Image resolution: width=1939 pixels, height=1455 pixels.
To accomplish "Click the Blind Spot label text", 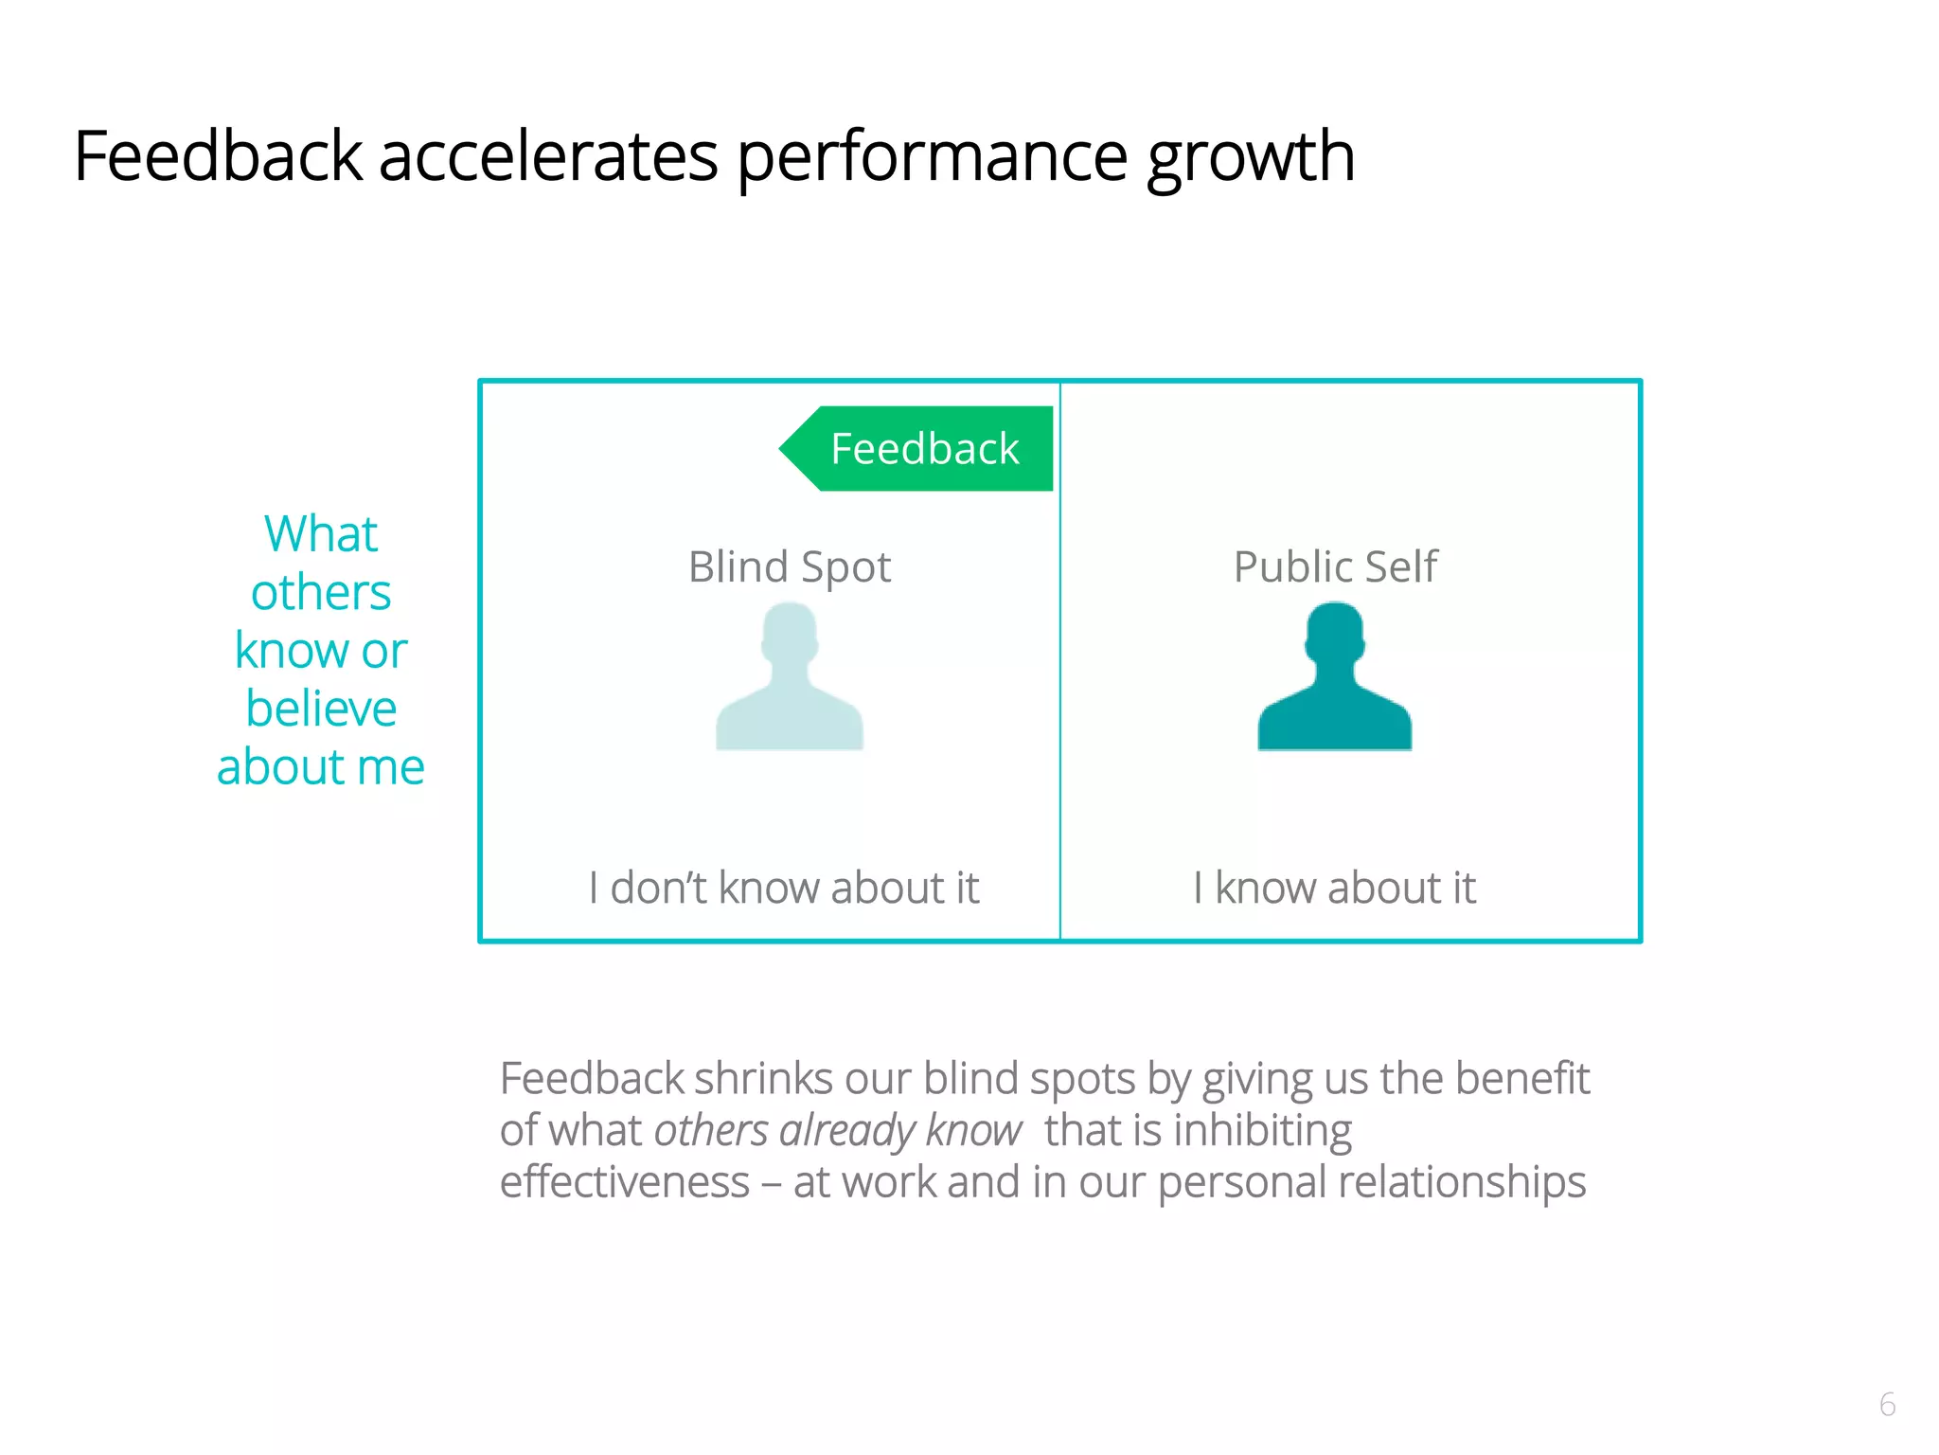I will [790, 567].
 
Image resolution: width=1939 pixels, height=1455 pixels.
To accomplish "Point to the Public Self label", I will [1335, 567].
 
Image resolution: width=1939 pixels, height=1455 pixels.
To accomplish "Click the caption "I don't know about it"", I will [783, 889].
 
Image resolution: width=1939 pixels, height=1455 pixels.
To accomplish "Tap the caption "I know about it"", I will [1334, 889].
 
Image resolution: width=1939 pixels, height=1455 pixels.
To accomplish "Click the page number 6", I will [1887, 1404].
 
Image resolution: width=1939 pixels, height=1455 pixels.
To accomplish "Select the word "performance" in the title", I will [932, 156].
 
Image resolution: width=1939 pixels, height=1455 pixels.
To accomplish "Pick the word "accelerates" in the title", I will [548, 156].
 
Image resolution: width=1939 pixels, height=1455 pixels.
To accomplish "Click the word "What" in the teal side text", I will [321, 533].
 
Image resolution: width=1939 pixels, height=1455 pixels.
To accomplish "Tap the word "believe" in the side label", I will [321, 709].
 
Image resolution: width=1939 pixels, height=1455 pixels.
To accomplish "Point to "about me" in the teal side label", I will [321, 767].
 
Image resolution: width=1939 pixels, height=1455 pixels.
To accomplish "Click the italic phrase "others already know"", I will [837, 1131].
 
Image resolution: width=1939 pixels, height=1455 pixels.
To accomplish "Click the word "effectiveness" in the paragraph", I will [624, 1182].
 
